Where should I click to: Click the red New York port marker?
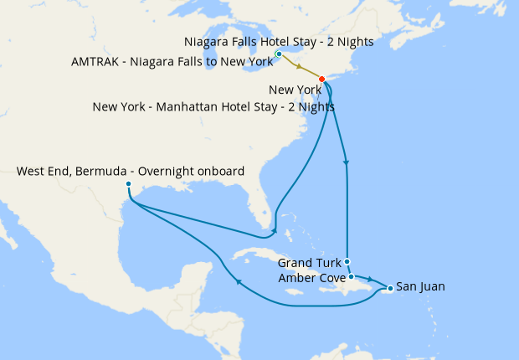click(x=322, y=80)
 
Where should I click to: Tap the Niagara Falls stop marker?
click(x=279, y=54)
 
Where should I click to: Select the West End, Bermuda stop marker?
click(x=128, y=183)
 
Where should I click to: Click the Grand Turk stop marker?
click(x=347, y=261)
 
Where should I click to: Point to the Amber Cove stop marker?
click(x=352, y=276)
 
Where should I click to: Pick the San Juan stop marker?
click(x=390, y=289)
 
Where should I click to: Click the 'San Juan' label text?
click(x=420, y=286)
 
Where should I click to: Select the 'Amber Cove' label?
click(x=310, y=277)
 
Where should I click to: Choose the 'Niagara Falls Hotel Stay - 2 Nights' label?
click(x=278, y=41)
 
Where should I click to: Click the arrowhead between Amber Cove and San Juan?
click(x=369, y=277)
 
